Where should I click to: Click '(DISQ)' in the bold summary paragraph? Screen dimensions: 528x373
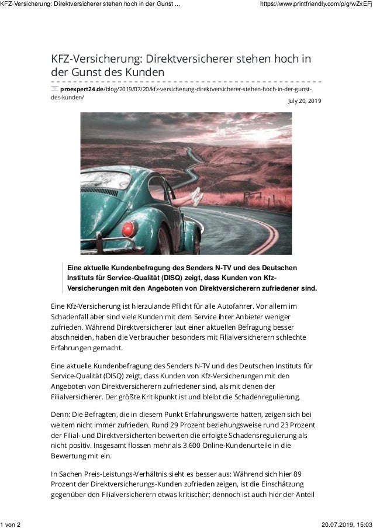tap(174, 278)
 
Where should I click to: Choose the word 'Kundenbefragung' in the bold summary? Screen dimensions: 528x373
tap(125, 267)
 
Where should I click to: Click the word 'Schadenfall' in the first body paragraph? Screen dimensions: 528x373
tap(73, 317)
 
